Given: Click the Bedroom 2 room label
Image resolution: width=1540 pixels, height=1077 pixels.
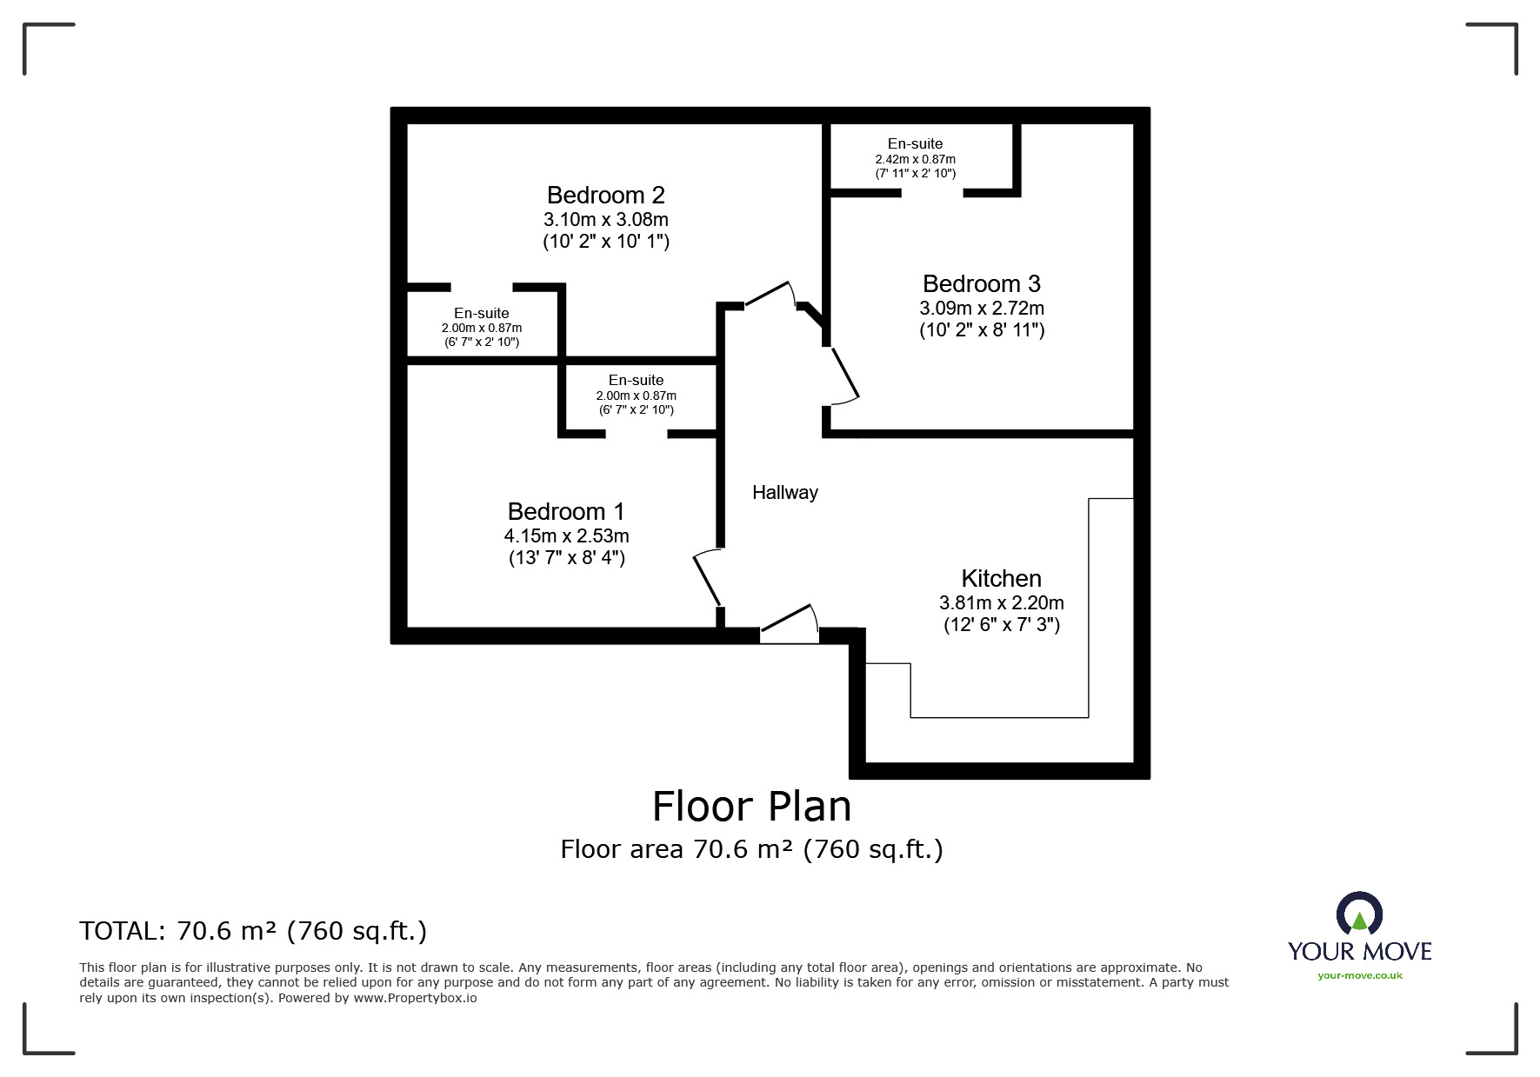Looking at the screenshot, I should coord(605,195).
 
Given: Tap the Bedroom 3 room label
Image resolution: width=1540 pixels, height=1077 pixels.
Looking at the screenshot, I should coord(981,283).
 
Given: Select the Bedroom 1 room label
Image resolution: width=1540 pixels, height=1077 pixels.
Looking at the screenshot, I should coord(566,511).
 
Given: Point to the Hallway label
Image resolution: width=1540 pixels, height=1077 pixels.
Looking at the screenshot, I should coord(784,493).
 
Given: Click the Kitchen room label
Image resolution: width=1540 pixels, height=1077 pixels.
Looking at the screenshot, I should coord(1001,578).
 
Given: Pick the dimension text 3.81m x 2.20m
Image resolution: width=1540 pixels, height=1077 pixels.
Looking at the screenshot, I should coord(1001,602).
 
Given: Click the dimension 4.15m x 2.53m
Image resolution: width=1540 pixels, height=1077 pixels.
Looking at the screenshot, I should coord(566,535).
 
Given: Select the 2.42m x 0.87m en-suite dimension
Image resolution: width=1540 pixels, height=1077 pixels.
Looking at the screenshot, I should coord(915,159).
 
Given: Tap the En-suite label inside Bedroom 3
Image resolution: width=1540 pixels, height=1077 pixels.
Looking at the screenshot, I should coord(915,143).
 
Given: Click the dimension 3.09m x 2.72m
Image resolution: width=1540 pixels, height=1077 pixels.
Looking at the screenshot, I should coord(981,308).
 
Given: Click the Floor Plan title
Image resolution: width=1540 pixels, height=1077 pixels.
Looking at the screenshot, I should coord(751,807).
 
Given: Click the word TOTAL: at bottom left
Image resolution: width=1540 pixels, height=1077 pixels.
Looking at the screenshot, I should coord(120,931).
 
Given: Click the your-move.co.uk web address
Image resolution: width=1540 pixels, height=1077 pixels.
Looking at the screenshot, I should coord(1359,975).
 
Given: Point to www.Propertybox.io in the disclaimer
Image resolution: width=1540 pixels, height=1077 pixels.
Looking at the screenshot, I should coord(415,998).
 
